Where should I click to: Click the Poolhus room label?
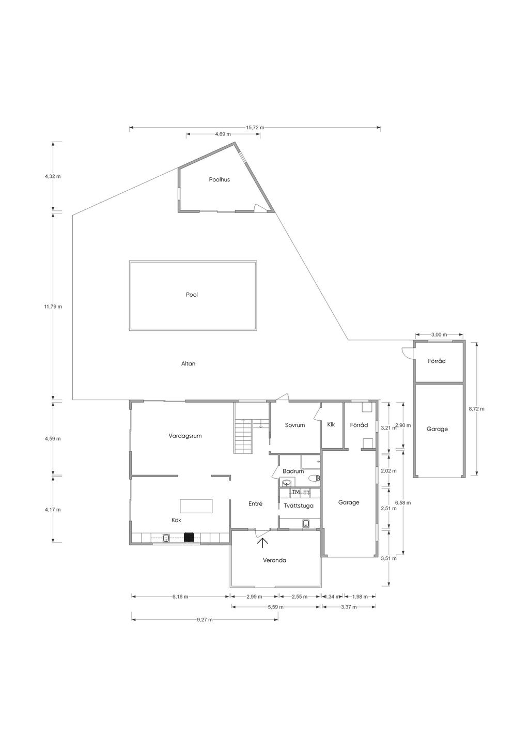(x=219, y=179)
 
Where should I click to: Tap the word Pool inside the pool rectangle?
(x=192, y=295)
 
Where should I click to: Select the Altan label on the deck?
(x=188, y=363)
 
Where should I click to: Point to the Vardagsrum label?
(x=185, y=436)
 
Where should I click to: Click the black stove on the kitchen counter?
(x=189, y=538)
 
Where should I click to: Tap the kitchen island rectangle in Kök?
(x=196, y=506)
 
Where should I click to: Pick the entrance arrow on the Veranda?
(x=264, y=543)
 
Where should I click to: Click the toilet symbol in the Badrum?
(x=314, y=478)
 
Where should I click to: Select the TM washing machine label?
(x=295, y=492)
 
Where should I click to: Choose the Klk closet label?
(x=331, y=425)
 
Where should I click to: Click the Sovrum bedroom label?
(x=295, y=425)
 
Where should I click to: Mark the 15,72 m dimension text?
(x=255, y=127)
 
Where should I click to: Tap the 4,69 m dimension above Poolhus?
(x=223, y=134)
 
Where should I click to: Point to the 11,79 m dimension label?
(x=53, y=307)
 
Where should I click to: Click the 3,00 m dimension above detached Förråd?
(x=439, y=334)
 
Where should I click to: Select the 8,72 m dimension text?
(x=476, y=408)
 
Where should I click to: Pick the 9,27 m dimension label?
(x=205, y=620)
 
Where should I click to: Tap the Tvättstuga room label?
(x=299, y=506)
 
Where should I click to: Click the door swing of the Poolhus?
(x=258, y=207)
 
